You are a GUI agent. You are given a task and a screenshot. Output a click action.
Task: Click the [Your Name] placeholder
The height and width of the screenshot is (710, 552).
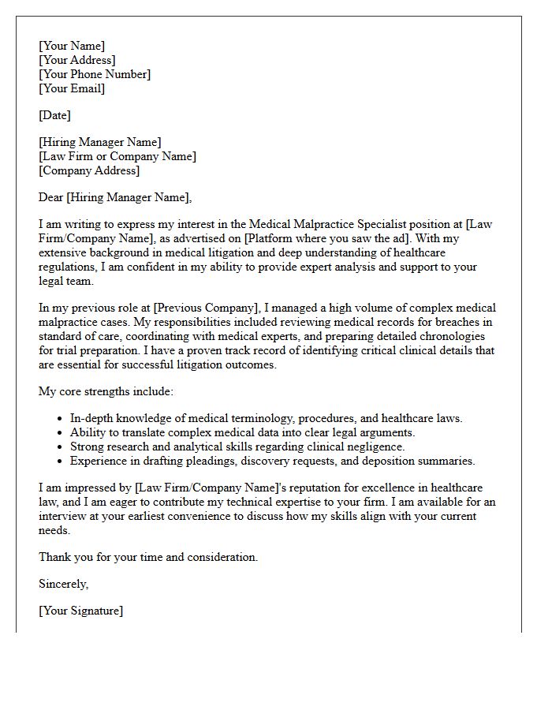(x=71, y=46)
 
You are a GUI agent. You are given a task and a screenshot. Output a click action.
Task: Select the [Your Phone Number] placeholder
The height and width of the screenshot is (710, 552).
(x=94, y=74)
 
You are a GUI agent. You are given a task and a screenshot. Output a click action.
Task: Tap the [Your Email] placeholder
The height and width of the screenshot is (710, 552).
(x=71, y=88)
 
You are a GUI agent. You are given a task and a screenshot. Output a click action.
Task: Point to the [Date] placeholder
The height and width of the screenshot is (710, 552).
(x=54, y=115)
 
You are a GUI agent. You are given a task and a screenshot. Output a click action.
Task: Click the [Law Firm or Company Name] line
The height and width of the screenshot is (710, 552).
(x=117, y=156)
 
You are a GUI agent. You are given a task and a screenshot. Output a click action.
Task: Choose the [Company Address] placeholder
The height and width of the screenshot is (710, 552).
(x=88, y=170)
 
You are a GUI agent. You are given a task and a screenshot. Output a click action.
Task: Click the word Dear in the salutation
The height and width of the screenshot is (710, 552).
(x=50, y=197)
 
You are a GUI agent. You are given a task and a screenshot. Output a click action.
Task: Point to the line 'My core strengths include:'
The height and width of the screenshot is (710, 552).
(x=106, y=391)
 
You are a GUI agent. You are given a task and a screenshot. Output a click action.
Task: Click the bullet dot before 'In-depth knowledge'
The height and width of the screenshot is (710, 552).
(x=61, y=419)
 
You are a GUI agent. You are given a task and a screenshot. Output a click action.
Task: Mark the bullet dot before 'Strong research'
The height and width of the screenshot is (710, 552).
(x=61, y=447)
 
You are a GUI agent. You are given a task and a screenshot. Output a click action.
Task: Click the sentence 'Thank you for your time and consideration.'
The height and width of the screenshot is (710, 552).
(x=148, y=557)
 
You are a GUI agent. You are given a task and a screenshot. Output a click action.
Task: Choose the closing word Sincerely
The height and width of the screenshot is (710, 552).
(x=63, y=584)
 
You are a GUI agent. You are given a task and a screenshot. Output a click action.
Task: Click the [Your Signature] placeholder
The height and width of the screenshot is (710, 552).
(x=80, y=611)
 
